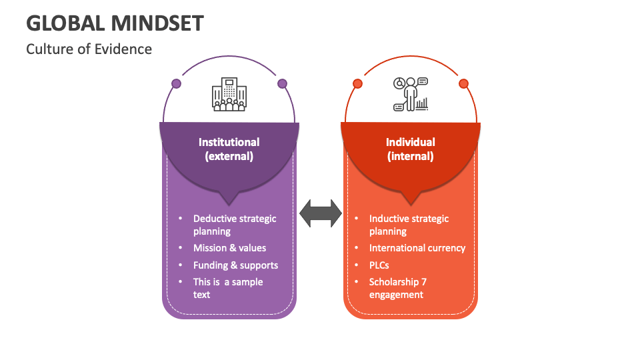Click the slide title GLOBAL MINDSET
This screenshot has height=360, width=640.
(x=115, y=23)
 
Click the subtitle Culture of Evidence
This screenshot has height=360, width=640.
(x=89, y=49)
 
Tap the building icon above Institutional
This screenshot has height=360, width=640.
(x=229, y=95)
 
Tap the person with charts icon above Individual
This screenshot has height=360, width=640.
(x=410, y=95)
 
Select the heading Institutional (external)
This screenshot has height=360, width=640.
(x=229, y=149)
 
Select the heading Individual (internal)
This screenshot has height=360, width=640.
(x=410, y=149)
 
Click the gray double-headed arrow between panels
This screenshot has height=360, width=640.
(x=320, y=213)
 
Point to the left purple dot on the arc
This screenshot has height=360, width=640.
(x=176, y=84)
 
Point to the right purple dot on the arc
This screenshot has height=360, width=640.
(x=282, y=84)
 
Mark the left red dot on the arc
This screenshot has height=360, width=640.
(x=357, y=84)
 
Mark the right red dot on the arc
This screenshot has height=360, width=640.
(x=463, y=84)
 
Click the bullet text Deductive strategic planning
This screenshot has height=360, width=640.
(x=234, y=225)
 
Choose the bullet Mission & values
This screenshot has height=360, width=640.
(x=229, y=248)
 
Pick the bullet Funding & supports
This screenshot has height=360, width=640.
(x=235, y=265)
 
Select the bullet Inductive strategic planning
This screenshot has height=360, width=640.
(x=409, y=225)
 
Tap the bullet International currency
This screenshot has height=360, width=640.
(x=417, y=248)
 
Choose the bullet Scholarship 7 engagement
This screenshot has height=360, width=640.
(x=397, y=288)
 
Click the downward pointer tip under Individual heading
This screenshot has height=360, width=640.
(x=410, y=203)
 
